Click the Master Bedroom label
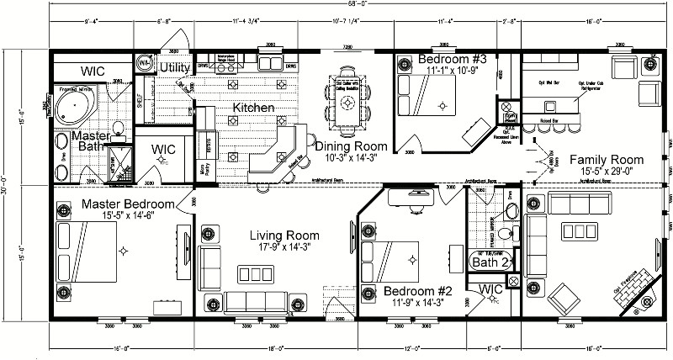(x=127, y=204)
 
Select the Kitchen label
(x=252, y=109)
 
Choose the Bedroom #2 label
(x=406, y=292)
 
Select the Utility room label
(x=175, y=67)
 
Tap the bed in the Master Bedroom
(x=87, y=250)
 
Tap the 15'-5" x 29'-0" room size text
(x=606, y=171)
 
